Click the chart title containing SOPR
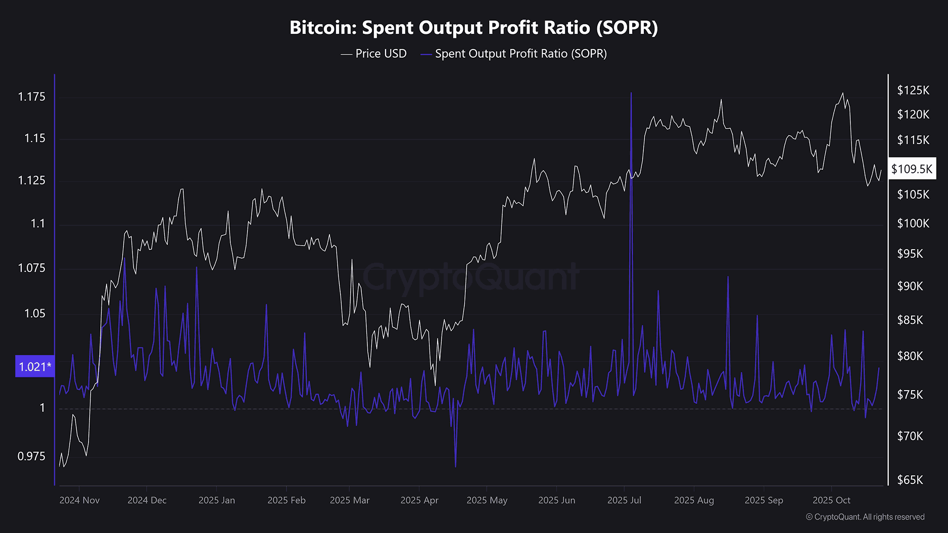coord(473,28)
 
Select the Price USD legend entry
coord(374,54)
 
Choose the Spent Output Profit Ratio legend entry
coord(514,54)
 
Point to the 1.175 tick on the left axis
coord(31,96)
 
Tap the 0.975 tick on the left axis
coord(31,456)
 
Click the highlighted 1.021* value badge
coord(35,366)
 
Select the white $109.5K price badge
coord(912,169)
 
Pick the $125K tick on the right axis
coord(913,90)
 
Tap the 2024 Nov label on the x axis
coord(79,500)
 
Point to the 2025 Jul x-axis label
coord(624,500)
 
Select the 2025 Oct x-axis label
coord(831,500)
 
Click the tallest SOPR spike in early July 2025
coord(631,93)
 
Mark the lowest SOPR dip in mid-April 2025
coord(455,466)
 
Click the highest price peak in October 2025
coord(842,93)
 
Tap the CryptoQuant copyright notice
coord(865,517)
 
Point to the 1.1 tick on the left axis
coord(38,223)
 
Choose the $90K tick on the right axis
coord(910,286)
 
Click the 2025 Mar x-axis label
coord(350,500)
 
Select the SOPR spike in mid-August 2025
coord(728,277)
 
